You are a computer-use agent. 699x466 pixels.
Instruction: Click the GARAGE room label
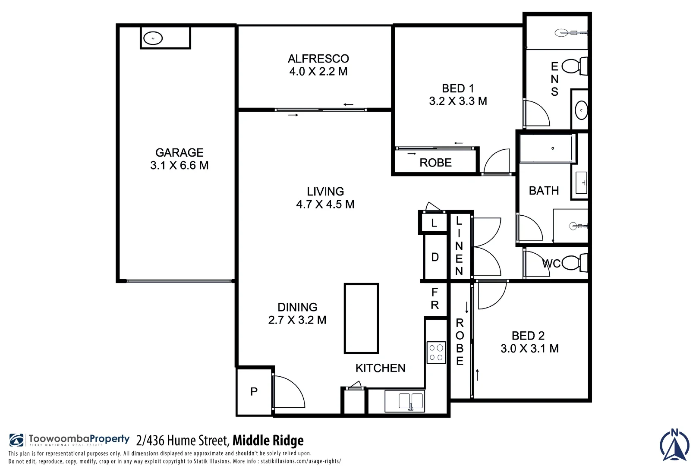(179, 153)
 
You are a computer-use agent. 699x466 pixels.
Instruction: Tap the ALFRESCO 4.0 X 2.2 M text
(318, 65)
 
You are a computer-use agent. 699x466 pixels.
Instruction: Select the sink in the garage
(153, 38)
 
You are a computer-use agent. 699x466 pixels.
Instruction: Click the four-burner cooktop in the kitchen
(436, 353)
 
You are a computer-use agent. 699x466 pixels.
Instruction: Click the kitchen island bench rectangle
(361, 318)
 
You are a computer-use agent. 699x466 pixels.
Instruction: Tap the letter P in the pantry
(254, 391)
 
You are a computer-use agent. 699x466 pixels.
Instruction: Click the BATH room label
(544, 191)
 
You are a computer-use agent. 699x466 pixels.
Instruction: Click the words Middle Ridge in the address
(268, 441)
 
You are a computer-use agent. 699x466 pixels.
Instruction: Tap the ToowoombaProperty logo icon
(17, 440)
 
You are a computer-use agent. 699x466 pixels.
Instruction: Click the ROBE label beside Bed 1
(435, 163)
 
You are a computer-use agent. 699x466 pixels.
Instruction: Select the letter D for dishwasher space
(435, 257)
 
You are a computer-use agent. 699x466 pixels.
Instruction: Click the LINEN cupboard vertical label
(459, 246)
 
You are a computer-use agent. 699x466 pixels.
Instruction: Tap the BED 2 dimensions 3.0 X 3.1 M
(529, 349)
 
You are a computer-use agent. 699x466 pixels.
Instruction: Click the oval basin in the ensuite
(581, 110)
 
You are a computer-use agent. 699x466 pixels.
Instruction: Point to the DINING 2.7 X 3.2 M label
(297, 314)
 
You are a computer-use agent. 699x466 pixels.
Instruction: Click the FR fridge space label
(435, 299)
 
